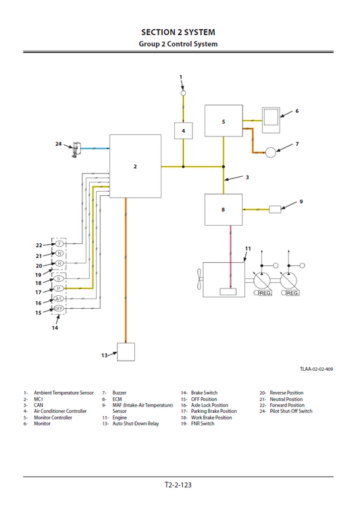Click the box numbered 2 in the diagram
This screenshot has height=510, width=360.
[x=135, y=165]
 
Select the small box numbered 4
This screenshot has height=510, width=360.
[x=183, y=130]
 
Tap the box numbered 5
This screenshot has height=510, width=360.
[x=224, y=122]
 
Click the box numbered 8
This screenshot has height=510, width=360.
[x=224, y=209]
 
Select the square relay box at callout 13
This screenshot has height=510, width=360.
[x=125, y=353]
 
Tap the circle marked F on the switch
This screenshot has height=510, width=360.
[x=59, y=243]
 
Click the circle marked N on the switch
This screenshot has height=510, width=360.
[x=59, y=253]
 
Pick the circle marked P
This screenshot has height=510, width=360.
[x=59, y=288]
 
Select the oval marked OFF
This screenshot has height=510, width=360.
[x=59, y=308]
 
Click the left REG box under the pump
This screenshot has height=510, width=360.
[x=263, y=293]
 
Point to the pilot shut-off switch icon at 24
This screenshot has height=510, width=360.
[x=75, y=149]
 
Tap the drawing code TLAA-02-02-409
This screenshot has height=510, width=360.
[x=317, y=369]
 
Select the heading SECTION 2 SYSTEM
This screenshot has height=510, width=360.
[x=178, y=32]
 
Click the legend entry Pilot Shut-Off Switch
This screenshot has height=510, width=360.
[x=291, y=411]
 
